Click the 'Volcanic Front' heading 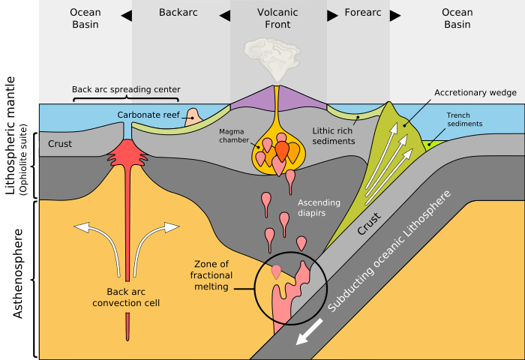(277, 18)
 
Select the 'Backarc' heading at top (180, 12)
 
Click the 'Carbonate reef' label (148, 115)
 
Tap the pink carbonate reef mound (193, 115)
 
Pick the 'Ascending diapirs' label (319, 208)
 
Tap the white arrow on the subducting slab (310, 331)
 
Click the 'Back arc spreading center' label (126, 89)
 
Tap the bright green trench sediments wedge (430, 142)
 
